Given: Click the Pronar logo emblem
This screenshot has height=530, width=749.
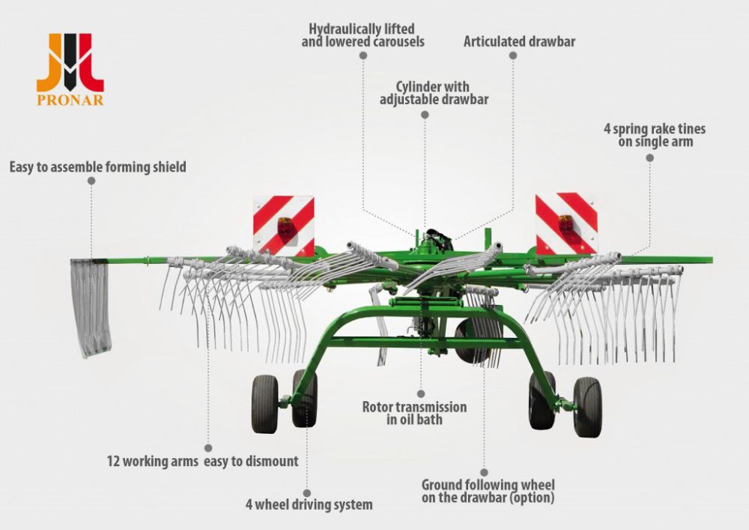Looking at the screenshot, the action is point(70,62).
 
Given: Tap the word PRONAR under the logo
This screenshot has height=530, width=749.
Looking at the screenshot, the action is point(70,100).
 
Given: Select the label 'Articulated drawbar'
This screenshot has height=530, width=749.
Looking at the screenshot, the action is point(519,41).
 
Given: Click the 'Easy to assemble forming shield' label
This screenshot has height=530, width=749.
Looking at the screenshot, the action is point(98,167).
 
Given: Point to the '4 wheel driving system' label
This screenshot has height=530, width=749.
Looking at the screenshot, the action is point(309,505).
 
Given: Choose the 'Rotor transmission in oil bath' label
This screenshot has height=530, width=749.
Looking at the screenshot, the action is point(415,413).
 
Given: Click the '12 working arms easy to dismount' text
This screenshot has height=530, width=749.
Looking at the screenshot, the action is point(202,461).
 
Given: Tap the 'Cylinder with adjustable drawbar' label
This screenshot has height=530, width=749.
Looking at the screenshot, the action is point(434,93).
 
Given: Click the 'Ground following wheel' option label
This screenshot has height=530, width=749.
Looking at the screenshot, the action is point(488,491).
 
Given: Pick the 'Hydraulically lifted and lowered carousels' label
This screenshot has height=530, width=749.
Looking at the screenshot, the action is point(363,35).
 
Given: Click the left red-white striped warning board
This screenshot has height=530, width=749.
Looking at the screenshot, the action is point(284,226).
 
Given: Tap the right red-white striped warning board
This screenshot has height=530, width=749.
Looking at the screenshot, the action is point(566,223).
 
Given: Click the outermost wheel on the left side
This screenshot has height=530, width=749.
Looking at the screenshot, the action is point(264,403).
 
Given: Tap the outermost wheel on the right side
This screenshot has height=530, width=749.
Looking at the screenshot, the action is point(587,407).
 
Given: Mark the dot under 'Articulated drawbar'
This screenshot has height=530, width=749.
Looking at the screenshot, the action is point(513,55).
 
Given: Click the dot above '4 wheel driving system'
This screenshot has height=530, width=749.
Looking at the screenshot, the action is point(307,493).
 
